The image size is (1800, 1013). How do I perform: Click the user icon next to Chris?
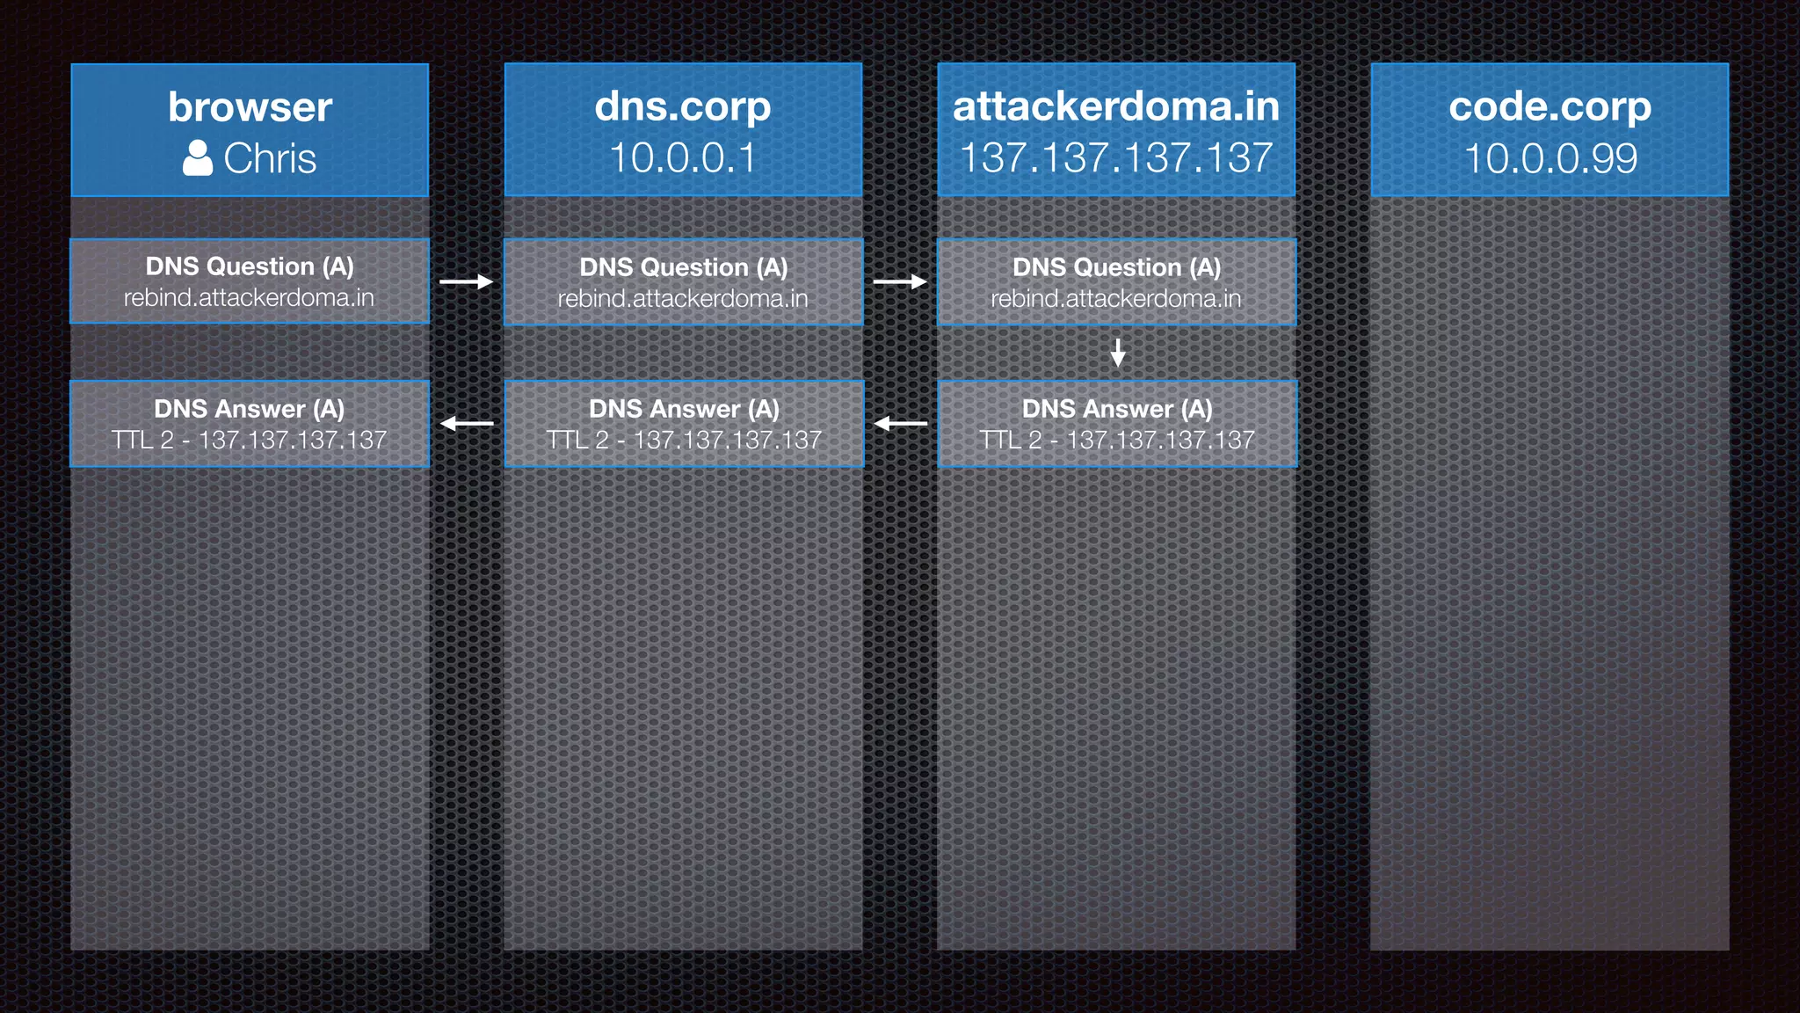click(x=198, y=159)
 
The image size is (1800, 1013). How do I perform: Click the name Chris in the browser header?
click(x=270, y=159)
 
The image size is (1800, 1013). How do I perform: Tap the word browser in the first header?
click(x=250, y=107)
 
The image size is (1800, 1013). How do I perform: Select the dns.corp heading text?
click(x=683, y=107)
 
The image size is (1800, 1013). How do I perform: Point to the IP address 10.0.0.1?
click(x=683, y=159)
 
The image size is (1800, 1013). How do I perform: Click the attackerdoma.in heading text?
click(x=1116, y=107)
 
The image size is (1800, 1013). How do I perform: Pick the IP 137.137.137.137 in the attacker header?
click(x=1116, y=159)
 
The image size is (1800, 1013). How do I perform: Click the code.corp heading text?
click(x=1550, y=107)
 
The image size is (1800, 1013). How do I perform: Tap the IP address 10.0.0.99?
click(x=1550, y=159)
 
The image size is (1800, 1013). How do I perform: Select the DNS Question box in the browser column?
click(x=250, y=281)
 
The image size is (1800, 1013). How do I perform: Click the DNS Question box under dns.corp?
click(x=683, y=282)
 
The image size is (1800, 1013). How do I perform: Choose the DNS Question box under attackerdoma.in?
click(x=1116, y=282)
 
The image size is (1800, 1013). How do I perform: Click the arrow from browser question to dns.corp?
click(x=466, y=282)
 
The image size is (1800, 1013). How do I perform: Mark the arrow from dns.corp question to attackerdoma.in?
click(x=900, y=282)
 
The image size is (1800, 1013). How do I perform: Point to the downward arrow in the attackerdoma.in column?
click(x=1117, y=353)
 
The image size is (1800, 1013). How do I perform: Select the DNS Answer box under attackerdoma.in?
click(x=1116, y=424)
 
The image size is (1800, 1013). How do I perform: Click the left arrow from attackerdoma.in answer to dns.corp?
click(x=900, y=424)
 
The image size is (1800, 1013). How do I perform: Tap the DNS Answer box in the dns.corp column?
click(x=683, y=424)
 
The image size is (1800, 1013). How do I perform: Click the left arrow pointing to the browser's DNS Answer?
click(x=467, y=424)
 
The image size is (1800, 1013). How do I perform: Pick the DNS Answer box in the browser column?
click(x=250, y=424)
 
